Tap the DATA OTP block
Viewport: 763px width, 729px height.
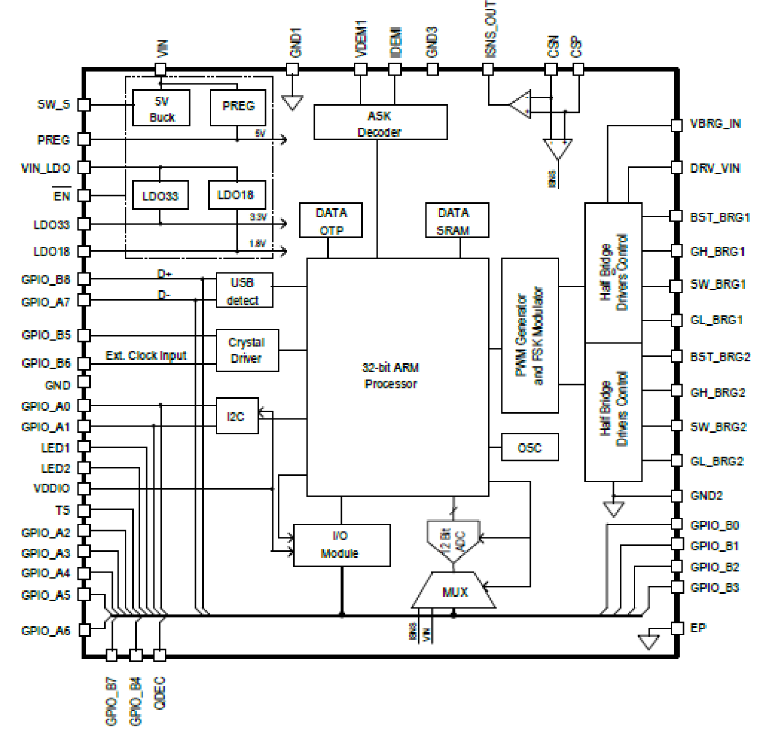pos(331,221)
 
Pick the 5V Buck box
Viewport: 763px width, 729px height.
pos(162,109)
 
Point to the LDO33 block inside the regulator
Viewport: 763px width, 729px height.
pos(160,196)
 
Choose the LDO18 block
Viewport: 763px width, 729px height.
pos(236,195)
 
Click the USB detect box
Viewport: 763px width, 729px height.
pos(244,290)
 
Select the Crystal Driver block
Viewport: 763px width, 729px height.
pos(247,351)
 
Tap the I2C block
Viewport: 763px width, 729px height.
pos(237,416)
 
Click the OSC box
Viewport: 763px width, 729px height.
pos(530,447)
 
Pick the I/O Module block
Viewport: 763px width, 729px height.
pos(341,545)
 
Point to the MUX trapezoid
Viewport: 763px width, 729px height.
pos(454,591)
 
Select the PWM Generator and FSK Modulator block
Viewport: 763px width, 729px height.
pos(530,335)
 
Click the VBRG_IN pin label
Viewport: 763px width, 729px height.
pos(716,124)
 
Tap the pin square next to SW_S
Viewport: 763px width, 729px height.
pos(84,105)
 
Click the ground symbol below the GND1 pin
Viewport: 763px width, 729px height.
pos(293,102)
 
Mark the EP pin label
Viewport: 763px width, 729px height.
pos(698,628)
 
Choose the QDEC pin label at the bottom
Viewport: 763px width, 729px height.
pos(160,693)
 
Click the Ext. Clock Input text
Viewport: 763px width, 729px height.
pos(146,355)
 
